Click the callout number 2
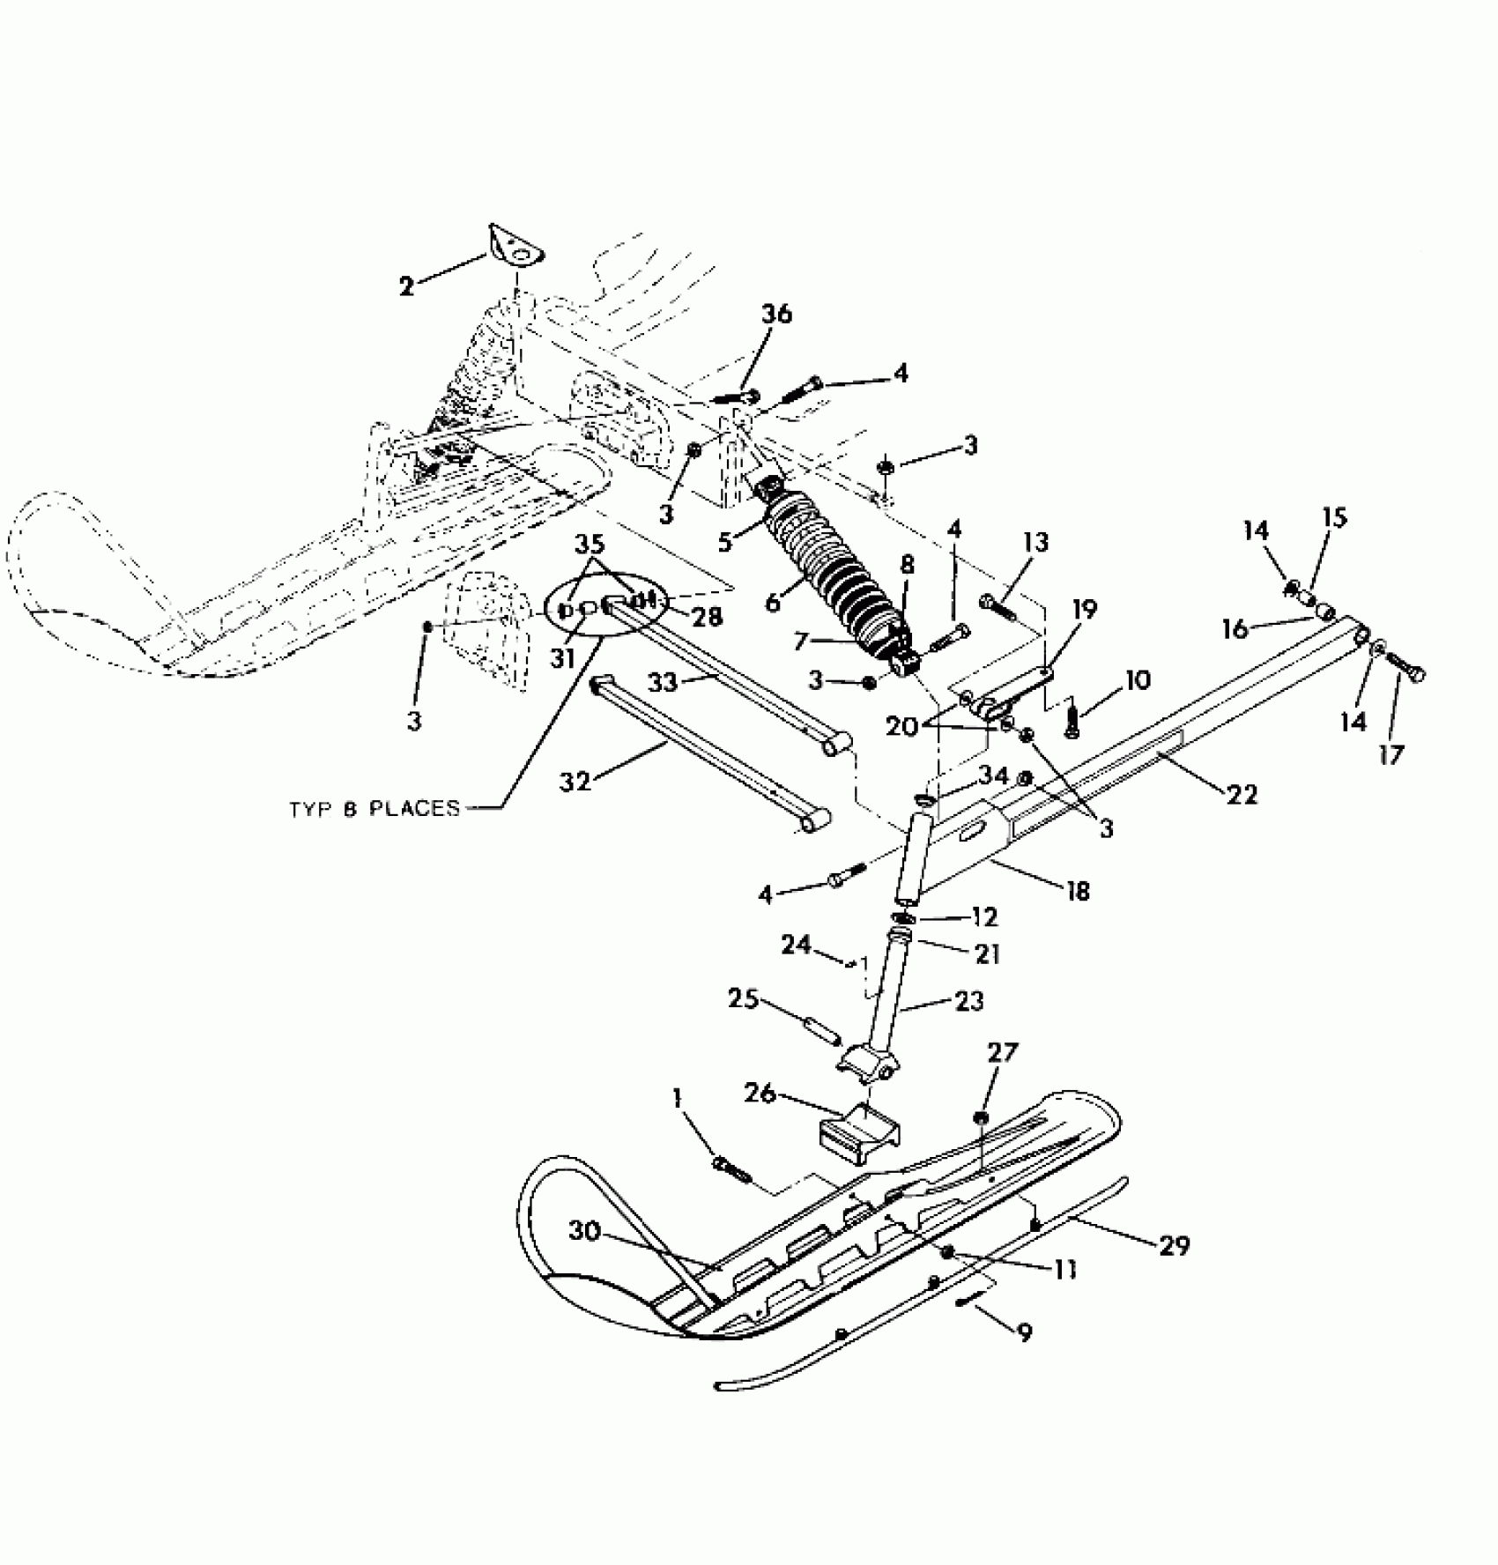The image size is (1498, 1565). coord(406,286)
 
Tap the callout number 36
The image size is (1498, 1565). coord(776,314)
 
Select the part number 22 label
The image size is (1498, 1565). coord(1243,794)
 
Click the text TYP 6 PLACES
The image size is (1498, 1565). coord(374,808)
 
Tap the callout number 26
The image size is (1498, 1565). coord(760,1094)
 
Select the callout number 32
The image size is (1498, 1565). coord(575,781)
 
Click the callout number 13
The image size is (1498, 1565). coord(1036,542)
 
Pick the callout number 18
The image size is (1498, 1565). coord(1077,891)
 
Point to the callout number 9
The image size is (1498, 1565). coord(1024,1332)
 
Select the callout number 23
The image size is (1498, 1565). coord(969,1001)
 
